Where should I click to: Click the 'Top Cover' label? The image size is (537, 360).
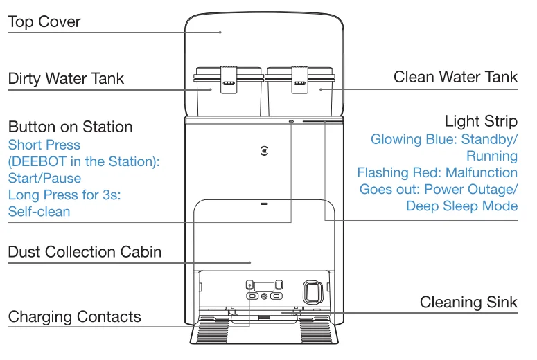click(44, 22)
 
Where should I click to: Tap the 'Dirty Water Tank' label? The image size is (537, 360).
click(67, 78)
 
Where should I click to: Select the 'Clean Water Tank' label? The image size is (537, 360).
click(455, 77)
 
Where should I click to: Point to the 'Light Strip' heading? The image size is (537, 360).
click(481, 122)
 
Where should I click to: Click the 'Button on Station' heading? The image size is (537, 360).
click(70, 127)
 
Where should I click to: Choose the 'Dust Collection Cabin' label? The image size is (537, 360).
click(85, 251)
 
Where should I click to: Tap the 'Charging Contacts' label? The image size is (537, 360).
click(74, 317)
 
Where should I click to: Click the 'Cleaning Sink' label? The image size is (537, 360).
click(469, 303)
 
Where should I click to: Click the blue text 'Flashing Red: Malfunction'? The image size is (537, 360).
click(437, 172)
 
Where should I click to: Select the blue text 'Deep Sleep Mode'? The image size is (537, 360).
click(461, 206)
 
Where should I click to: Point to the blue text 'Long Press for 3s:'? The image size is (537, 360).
click(64, 195)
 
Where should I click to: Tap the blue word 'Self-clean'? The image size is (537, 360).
click(39, 212)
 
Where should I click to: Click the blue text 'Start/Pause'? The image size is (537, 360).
click(44, 179)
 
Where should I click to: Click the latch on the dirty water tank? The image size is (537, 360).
click(227, 81)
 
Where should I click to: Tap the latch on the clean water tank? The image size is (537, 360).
click(300, 81)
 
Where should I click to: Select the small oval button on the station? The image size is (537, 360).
click(291, 120)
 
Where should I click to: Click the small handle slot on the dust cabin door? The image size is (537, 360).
click(264, 204)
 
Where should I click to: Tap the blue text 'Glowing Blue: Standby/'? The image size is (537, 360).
click(444, 139)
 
